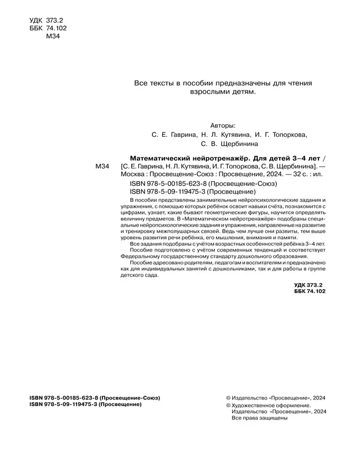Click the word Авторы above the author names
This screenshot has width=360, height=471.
(224, 125)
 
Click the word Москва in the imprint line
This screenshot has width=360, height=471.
(132, 174)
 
